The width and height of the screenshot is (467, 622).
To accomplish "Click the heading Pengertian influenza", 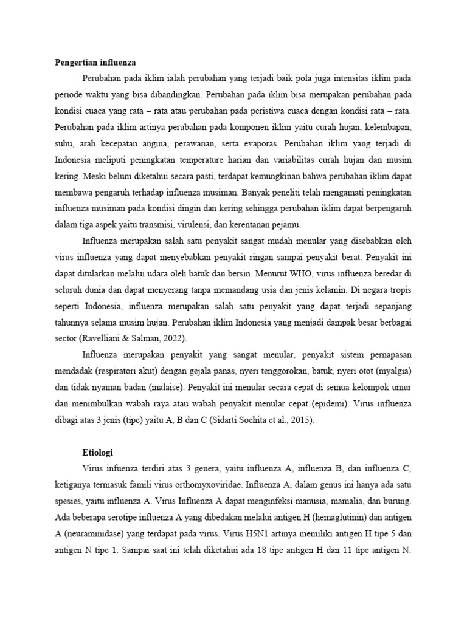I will click(95, 63).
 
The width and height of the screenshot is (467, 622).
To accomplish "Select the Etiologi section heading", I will click(99, 453).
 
